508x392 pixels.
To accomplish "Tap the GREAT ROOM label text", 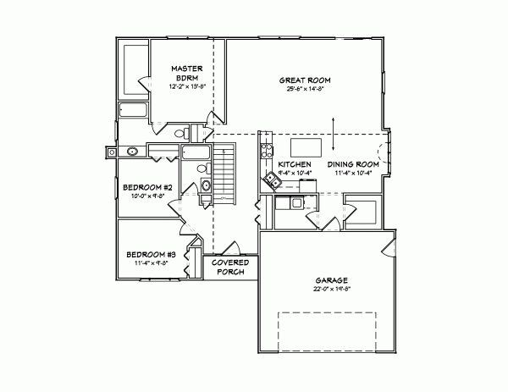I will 304,80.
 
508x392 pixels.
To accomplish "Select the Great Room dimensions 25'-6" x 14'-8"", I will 304,90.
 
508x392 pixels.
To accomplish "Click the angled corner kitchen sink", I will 273,179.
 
